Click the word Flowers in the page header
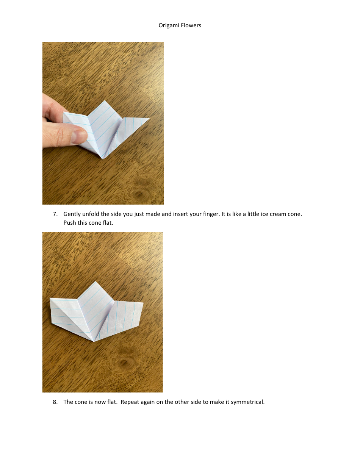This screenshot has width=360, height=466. click(x=191, y=25)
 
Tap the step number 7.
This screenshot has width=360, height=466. click(x=55, y=214)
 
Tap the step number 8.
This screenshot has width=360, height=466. click(x=55, y=402)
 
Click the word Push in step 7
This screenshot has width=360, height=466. click(x=70, y=223)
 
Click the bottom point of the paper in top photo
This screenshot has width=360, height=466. click(x=102, y=158)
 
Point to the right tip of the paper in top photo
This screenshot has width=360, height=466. click(x=149, y=119)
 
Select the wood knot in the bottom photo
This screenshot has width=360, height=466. click(x=123, y=363)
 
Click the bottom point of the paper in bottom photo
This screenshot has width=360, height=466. click(x=93, y=341)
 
